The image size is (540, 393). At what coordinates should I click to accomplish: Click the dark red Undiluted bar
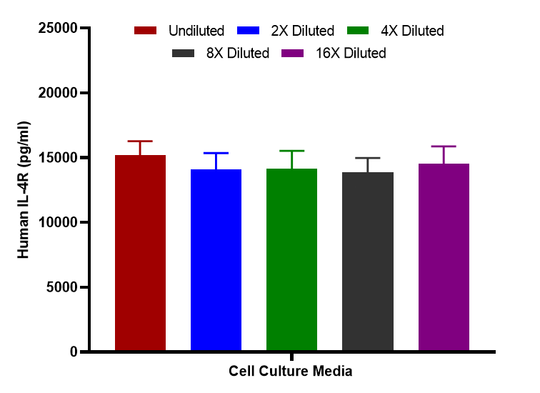tap(140, 253)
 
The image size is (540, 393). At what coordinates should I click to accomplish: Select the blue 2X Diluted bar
tap(216, 260)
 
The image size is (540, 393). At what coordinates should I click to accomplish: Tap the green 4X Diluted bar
tap(291, 260)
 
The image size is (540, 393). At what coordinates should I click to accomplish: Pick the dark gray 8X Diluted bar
tap(367, 262)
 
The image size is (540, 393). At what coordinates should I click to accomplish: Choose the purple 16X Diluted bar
tap(444, 257)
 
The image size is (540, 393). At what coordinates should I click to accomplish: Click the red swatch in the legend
tap(145, 31)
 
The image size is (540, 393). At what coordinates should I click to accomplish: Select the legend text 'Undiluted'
tap(196, 31)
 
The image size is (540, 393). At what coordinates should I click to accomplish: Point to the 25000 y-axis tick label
tap(56, 29)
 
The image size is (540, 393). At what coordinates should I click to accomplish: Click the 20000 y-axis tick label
tap(56, 93)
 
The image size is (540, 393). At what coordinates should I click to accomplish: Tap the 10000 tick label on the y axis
tap(56, 222)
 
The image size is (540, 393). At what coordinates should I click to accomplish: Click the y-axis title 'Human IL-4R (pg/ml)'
tap(24, 190)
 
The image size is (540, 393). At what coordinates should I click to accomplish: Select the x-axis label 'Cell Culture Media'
tap(291, 372)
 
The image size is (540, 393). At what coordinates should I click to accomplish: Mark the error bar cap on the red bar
tap(140, 141)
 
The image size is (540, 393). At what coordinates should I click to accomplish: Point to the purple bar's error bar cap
tap(444, 146)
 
